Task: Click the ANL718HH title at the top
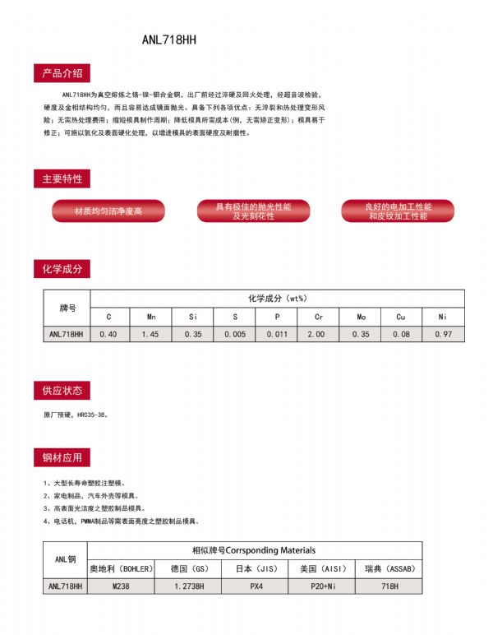coord(168,39)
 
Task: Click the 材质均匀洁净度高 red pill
coord(108,211)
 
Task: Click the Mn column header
coord(151,317)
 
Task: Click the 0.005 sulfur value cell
coord(234,335)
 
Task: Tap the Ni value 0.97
coord(443,335)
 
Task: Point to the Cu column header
coord(401,317)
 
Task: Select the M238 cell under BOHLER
coord(122,586)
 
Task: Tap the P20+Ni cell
coord(321,586)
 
